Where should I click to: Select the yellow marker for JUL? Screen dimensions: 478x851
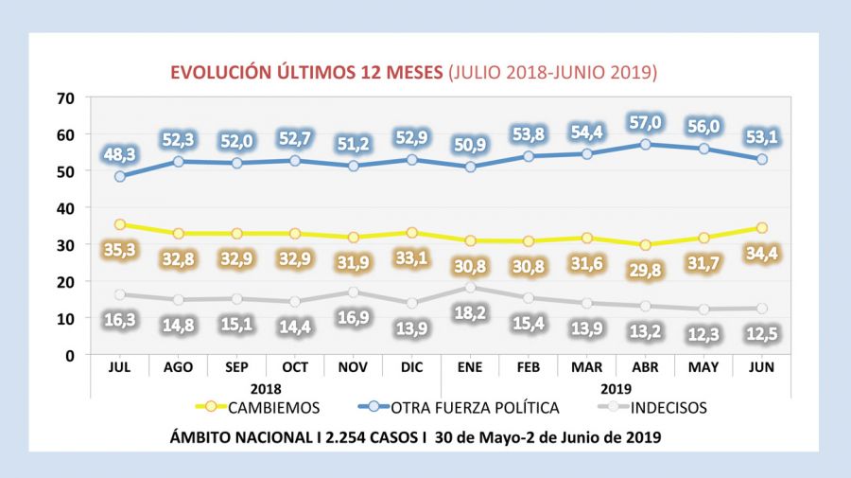click(121, 224)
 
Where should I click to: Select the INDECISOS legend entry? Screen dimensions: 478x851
click(662, 408)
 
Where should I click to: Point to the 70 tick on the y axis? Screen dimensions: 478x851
click(65, 97)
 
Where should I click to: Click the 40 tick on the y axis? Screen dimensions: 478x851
click(65, 208)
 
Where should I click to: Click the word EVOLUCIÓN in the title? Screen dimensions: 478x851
click(217, 72)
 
